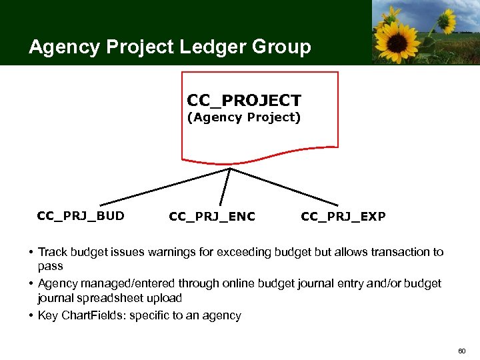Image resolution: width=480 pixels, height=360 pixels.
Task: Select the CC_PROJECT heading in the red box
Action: point(244,101)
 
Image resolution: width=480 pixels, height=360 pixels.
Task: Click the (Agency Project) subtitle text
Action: point(244,118)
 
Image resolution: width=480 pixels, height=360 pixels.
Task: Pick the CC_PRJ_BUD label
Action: point(81,215)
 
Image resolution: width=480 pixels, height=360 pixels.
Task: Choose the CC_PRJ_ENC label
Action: point(212,216)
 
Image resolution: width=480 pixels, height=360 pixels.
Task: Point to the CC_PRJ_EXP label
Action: point(343,216)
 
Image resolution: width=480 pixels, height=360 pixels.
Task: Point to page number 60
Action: point(462,350)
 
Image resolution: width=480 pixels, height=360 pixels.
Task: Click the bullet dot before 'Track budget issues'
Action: point(31,252)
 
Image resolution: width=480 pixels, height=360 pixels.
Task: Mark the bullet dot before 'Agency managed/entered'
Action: point(31,284)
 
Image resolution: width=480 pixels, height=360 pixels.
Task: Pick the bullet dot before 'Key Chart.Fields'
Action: point(31,315)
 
